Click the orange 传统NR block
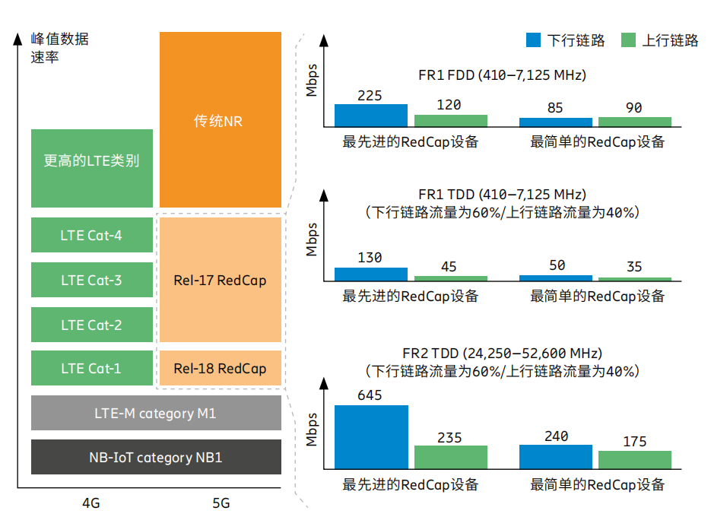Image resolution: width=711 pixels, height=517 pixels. coord(220,120)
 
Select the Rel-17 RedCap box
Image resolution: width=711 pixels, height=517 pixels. coord(220,281)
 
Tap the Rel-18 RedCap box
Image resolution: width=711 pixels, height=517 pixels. coord(220,369)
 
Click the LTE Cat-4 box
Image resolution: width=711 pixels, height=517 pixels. coord(91,236)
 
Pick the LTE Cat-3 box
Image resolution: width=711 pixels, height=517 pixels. coord(91,281)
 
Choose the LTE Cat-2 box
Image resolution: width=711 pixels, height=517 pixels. coord(91,325)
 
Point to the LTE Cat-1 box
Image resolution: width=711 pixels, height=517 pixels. coord(91,369)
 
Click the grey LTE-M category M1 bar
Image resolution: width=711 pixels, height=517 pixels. coord(156,414)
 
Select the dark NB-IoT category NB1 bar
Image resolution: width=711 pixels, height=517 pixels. coord(156,458)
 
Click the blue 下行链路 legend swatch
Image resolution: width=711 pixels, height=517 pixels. coord(532,40)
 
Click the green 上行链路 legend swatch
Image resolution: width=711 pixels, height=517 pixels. coord(627,40)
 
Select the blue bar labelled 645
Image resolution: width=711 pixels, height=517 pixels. coord(371,436)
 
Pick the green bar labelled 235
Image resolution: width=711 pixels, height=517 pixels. coord(450,456)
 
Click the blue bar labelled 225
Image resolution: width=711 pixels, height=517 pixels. coord(371,115)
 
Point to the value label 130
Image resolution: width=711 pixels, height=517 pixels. coord(370,258)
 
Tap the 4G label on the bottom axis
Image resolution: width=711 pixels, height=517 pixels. coord(91,503)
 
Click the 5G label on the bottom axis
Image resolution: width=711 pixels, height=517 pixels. coord(221,503)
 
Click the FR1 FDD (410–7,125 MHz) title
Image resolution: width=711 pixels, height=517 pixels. coord(502,75)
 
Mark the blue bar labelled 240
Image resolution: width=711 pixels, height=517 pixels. coord(555,456)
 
